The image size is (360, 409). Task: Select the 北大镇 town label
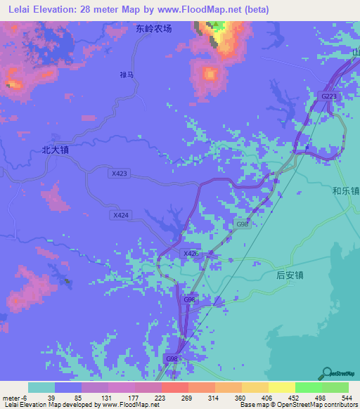(56, 150)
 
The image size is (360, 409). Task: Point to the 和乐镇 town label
(346, 190)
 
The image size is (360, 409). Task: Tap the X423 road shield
(120, 173)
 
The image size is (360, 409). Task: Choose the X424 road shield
(120, 216)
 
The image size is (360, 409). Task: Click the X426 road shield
(190, 254)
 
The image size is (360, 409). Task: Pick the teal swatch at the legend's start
(41, 387)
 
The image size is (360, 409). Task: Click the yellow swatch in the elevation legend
(281, 387)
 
